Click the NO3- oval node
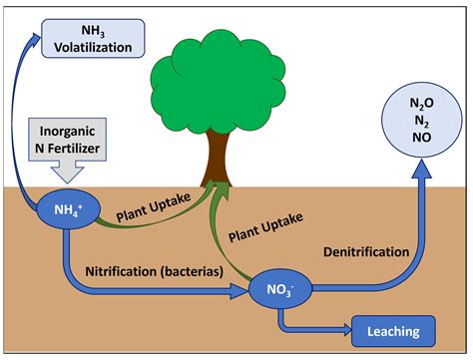(281, 289)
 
